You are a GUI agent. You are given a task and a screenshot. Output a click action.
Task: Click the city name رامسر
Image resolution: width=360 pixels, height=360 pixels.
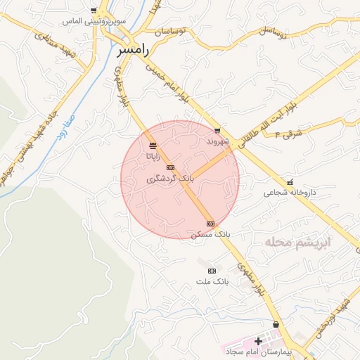[x=132, y=51]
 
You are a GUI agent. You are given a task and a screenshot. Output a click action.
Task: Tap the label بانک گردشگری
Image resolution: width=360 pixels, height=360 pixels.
[x=169, y=179]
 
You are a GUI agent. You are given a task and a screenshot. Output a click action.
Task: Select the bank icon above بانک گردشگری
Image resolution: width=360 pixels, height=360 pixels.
[x=170, y=168]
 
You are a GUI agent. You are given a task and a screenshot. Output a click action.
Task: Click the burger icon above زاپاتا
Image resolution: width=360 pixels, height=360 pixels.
[x=153, y=146]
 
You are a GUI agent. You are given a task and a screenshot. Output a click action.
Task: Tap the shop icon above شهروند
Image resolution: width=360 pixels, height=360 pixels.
[x=217, y=130]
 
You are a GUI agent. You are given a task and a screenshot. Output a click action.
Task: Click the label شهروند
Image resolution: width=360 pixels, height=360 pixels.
[x=218, y=141]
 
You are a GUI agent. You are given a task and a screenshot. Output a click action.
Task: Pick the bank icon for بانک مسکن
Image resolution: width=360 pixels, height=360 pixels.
[x=210, y=224]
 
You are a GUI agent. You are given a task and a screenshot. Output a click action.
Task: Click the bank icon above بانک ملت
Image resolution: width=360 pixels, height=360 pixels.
[x=212, y=271]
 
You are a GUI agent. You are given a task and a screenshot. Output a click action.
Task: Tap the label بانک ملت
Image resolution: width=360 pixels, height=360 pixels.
[x=212, y=281]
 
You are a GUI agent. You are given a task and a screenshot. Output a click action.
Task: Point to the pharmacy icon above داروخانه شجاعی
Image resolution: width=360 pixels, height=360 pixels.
[x=290, y=183]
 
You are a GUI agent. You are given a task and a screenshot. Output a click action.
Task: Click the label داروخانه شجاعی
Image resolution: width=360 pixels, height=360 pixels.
[x=290, y=192]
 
